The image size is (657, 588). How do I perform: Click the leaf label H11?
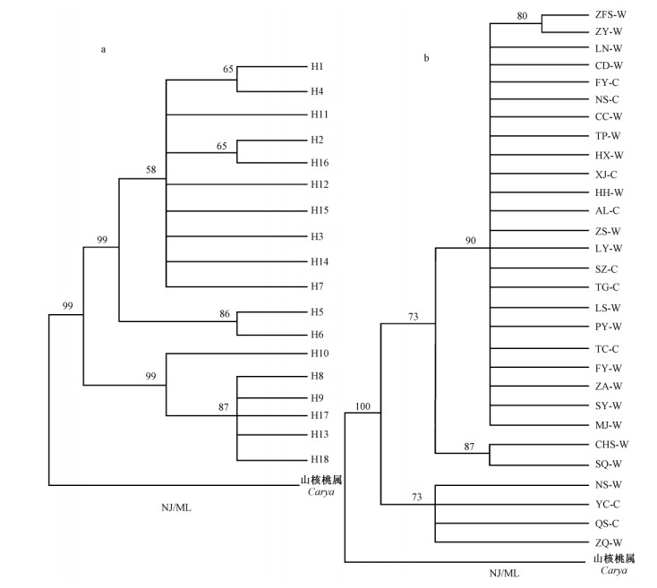coord(320,115)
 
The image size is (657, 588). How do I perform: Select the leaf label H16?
coord(320,163)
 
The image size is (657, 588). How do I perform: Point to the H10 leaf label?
coord(320,354)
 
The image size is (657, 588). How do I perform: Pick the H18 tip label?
coord(320,459)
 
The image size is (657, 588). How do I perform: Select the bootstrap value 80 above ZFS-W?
coord(524,13)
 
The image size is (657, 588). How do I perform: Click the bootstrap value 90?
coord(470,240)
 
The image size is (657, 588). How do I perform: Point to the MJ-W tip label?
coord(609,424)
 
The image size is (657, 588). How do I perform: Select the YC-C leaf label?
coord(607,504)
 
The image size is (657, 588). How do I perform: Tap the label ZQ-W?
coord(609,541)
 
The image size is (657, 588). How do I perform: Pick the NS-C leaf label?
coord(607,99)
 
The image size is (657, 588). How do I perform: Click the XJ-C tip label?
coord(606,174)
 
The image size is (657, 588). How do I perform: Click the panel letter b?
coord(426,58)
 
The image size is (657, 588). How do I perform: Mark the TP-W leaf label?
coord(608,136)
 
